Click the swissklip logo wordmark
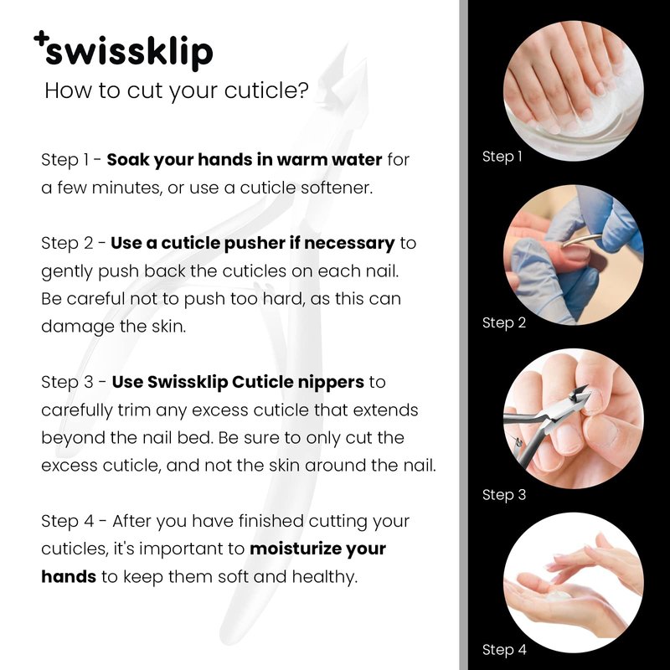tap(129, 53)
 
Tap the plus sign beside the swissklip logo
tap(40, 38)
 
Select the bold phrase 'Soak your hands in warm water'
tap(245, 160)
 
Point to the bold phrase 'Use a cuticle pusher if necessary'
tap(253, 243)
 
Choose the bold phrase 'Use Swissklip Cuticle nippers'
tap(238, 382)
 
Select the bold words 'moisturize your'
tap(318, 549)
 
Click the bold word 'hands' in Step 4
tap(69, 576)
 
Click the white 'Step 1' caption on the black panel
tap(502, 157)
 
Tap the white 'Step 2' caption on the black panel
tap(504, 322)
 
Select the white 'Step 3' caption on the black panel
tap(504, 495)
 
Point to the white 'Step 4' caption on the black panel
tap(504, 650)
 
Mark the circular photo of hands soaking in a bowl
tap(574, 91)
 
